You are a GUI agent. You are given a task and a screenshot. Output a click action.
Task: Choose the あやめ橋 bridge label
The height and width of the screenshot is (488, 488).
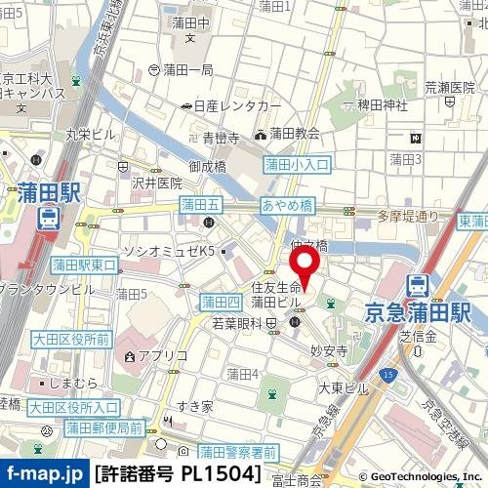point(286,205)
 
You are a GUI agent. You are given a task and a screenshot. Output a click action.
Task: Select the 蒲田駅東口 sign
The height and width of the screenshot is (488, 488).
point(85,264)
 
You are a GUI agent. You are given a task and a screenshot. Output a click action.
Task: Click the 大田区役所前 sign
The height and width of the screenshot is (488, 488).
point(69,340)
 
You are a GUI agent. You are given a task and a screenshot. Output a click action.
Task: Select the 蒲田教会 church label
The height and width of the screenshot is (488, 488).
point(294,134)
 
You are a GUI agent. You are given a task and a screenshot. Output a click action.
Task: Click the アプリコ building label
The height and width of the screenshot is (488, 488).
point(156,356)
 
